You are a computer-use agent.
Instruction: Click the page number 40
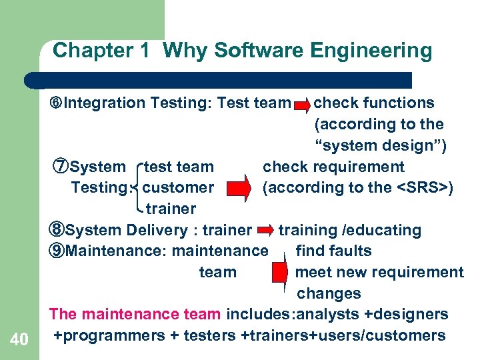click(20, 340)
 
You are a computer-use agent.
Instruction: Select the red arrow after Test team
click(301, 104)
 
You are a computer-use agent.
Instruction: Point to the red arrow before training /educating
click(265, 231)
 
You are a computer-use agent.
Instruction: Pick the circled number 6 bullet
click(57, 103)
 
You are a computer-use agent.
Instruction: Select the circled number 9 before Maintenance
click(58, 251)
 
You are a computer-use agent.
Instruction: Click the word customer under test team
click(178, 188)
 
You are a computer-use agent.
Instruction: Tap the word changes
click(329, 293)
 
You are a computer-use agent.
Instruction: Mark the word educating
click(389, 231)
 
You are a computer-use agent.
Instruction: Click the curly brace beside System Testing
click(139, 187)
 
